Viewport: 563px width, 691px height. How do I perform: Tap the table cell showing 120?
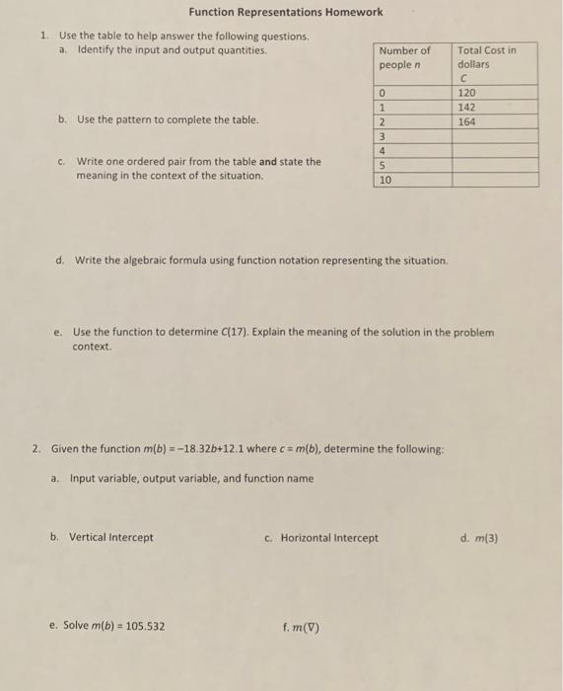point(466,93)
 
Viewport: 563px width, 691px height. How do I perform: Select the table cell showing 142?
point(466,107)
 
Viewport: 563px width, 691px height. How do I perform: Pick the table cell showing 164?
point(466,121)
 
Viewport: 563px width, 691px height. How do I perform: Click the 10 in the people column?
point(386,181)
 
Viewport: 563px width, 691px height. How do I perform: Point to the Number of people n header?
point(405,57)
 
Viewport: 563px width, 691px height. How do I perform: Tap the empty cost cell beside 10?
point(495,181)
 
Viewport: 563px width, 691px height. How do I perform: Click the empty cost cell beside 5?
point(495,165)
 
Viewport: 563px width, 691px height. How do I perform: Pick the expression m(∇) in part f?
point(307,627)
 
